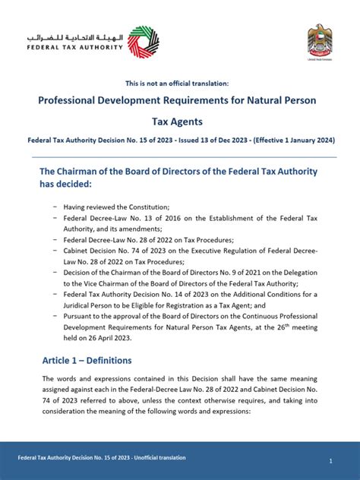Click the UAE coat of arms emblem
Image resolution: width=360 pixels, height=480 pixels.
(319, 39)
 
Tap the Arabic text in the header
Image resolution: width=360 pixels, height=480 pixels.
(74, 36)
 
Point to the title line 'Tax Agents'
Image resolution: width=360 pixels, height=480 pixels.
(180, 122)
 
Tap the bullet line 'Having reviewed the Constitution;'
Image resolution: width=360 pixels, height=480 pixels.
(116, 206)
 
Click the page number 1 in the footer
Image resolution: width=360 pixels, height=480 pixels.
(331, 461)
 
